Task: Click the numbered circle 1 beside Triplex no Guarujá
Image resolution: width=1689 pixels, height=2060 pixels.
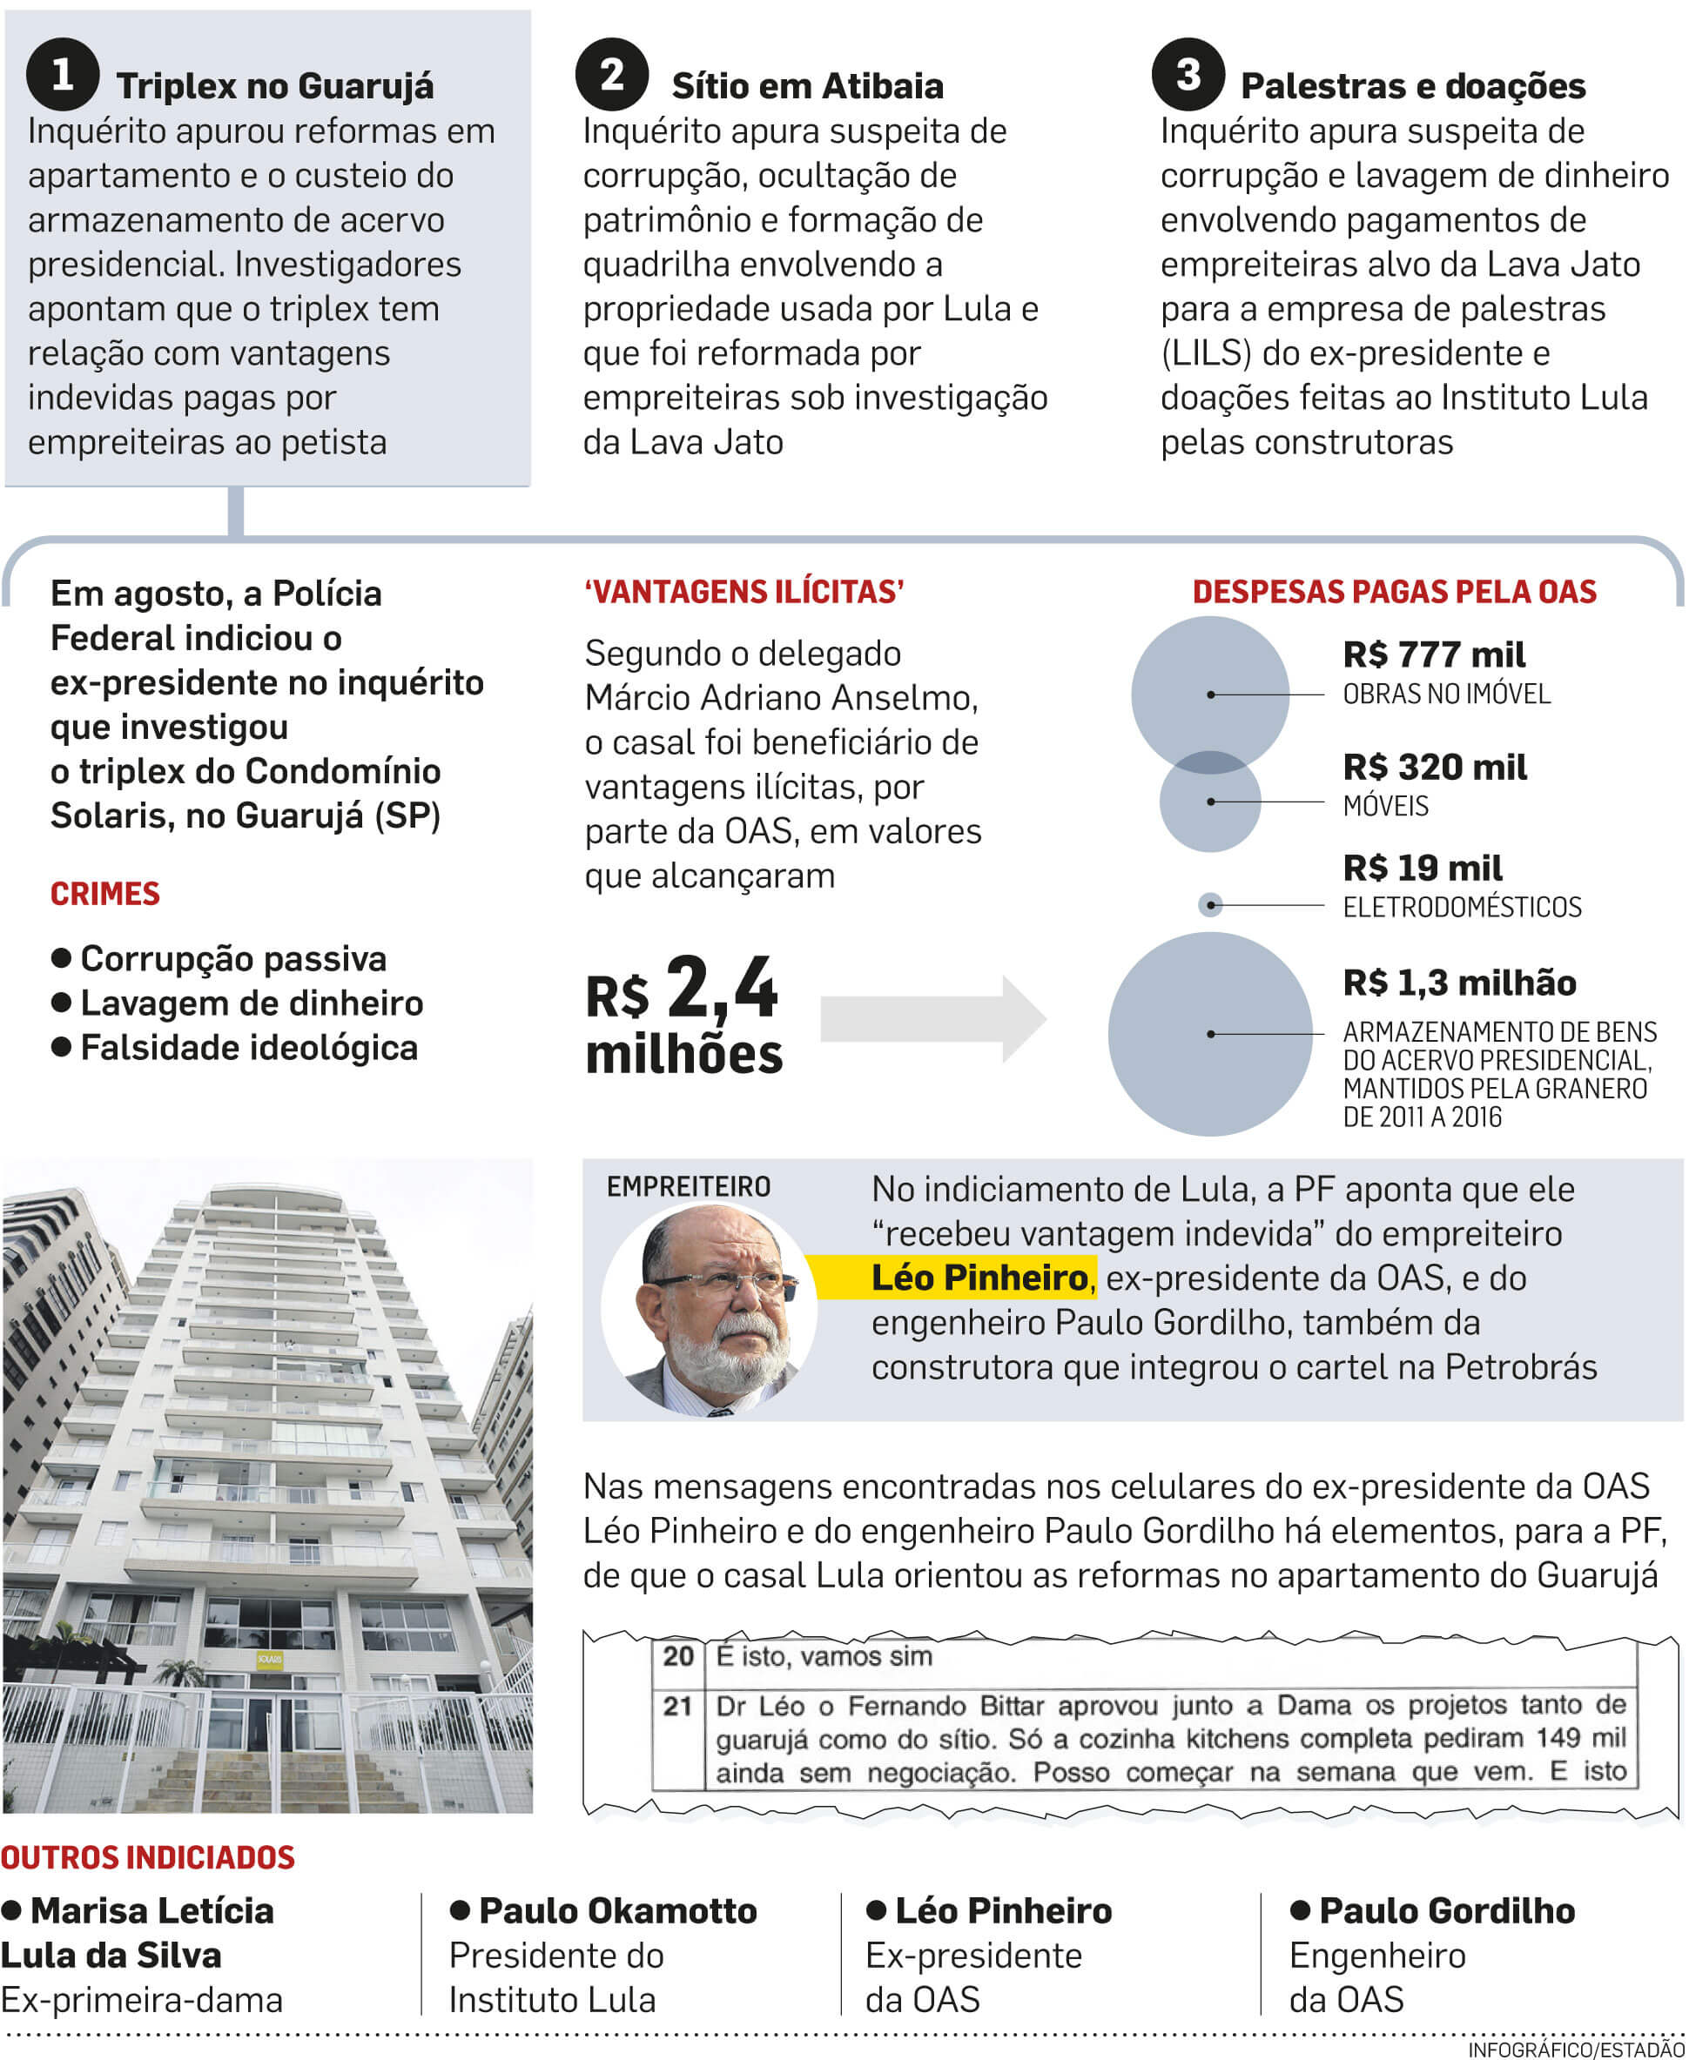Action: (63, 74)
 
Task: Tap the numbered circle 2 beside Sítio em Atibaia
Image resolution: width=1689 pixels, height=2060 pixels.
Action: (612, 74)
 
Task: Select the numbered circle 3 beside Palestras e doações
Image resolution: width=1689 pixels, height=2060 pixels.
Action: (1188, 74)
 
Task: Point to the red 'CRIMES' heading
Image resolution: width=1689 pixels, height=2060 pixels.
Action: (105, 894)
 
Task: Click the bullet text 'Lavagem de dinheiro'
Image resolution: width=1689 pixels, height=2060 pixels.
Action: (251, 1003)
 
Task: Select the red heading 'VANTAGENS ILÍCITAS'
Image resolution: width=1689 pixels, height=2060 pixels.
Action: (744, 591)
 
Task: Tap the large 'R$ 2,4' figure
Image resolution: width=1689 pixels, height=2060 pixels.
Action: (682, 990)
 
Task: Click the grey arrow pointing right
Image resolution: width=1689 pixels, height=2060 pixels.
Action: (932, 1018)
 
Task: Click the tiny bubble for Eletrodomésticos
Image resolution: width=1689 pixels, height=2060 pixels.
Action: (1209, 905)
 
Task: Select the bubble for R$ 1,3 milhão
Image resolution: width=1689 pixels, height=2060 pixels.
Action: (1209, 1034)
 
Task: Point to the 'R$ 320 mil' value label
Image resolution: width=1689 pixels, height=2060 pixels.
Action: (1434, 768)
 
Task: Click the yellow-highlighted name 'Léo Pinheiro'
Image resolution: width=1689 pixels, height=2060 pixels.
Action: (979, 1278)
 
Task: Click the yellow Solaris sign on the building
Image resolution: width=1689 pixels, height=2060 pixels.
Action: (270, 1658)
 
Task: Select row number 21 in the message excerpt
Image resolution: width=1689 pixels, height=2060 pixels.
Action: (677, 1707)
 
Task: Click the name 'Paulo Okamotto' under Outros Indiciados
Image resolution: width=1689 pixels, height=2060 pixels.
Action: (618, 1910)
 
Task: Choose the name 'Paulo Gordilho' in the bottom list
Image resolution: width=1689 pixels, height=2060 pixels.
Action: (1446, 1910)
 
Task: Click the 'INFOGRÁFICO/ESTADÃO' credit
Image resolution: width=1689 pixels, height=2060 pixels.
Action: (1576, 2050)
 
